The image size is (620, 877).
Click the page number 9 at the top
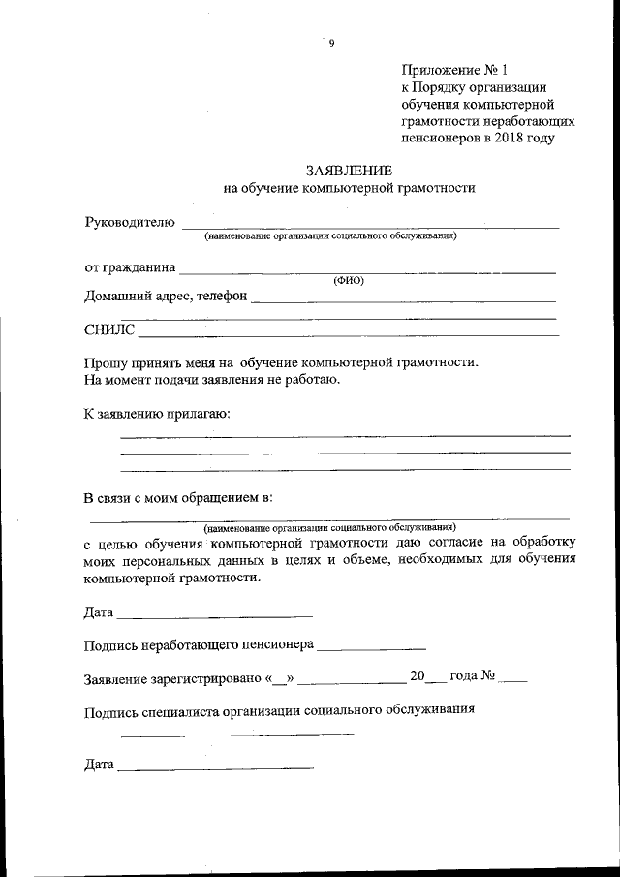331,42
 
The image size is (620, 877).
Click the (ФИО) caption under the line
348,279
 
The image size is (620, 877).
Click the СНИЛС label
109,330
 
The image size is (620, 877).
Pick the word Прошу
106,362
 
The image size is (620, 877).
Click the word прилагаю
198,414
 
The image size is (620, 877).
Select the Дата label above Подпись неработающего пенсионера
99,612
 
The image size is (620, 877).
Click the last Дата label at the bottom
99,766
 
